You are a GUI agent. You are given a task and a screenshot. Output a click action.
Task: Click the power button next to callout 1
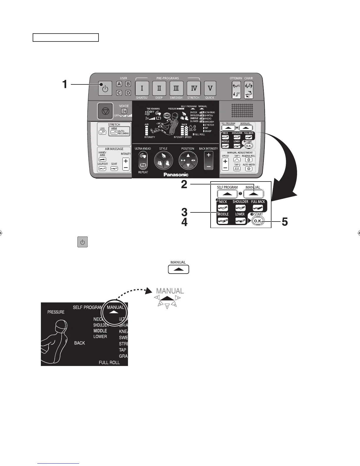click(105, 88)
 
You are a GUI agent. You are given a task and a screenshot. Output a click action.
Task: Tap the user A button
click(119, 84)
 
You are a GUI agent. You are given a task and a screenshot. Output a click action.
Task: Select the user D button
click(128, 93)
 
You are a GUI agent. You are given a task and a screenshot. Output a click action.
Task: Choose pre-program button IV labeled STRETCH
click(194, 88)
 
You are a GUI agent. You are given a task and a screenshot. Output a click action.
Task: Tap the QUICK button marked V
click(210, 88)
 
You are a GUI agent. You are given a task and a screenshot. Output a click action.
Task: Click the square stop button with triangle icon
click(105, 111)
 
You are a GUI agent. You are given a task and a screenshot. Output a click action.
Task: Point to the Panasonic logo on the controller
click(176, 174)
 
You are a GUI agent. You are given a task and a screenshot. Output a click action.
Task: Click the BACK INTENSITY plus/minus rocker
click(209, 161)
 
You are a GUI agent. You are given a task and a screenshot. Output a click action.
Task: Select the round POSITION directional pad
click(188, 161)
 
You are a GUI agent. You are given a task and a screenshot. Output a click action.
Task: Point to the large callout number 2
click(184, 184)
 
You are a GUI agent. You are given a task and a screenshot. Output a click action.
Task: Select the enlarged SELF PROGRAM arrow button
click(227, 194)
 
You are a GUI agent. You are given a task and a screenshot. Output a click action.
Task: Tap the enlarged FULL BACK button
click(258, 208)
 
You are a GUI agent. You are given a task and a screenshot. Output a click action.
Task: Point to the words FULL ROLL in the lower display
click(109, 362)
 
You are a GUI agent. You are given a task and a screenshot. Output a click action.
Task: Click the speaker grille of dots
click(242, 111)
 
